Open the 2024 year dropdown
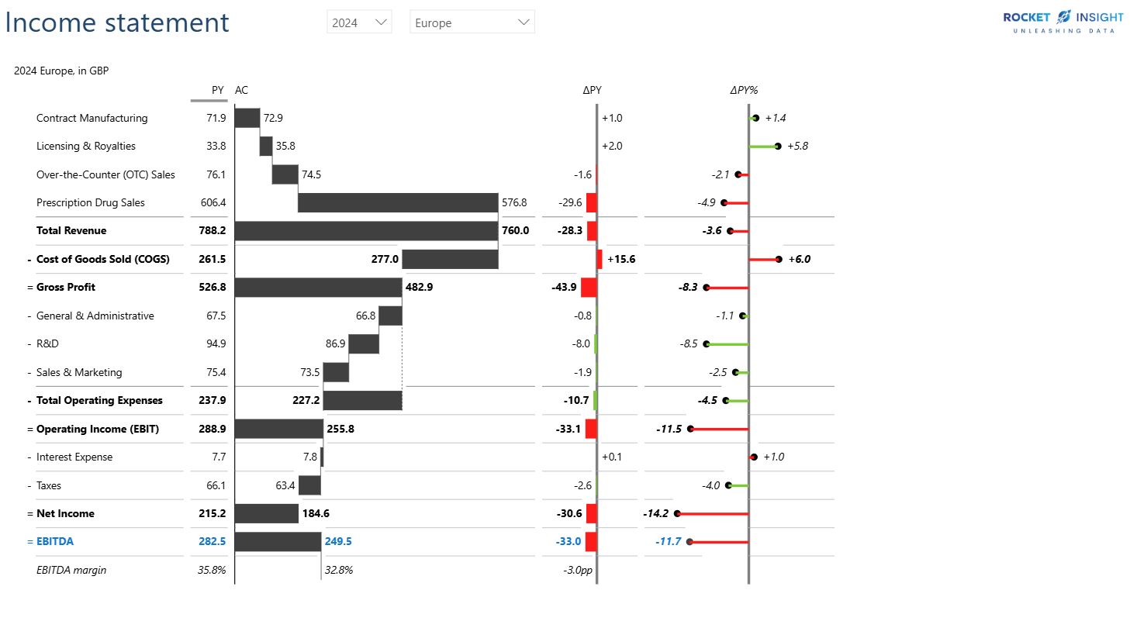point(359,22)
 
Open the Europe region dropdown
point(472,22)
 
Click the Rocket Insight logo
point(1063,21)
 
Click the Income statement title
point(117,22)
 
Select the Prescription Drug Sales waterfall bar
point(398,202)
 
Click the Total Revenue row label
point(71,230)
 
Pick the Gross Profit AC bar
point(318,287)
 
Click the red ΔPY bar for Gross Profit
point(589,287)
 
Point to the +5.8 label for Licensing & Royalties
point(797,146)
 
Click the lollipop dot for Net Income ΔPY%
point(677,513)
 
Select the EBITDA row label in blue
point(55,541)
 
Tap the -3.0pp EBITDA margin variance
point(578,570)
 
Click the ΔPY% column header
point(743,90)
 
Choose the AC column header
point(242,90)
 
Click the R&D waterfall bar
point(364,343)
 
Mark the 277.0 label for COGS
point(385,259)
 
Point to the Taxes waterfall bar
point(309,485)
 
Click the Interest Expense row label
point(74,457)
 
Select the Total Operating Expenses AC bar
point(362,400)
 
